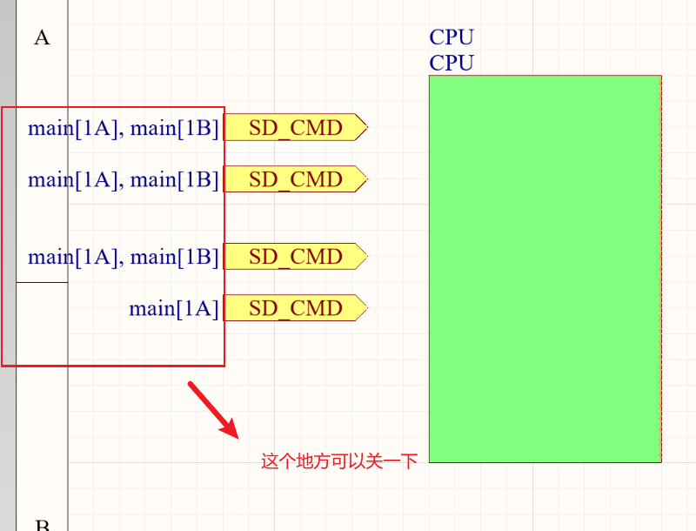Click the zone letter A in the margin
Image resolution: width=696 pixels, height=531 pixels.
pos(42,37)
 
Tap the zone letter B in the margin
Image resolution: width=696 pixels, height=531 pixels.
pos(42,525)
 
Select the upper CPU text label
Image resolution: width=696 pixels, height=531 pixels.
pos(452,37)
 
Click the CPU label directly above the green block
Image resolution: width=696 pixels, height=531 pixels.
pos(452,63)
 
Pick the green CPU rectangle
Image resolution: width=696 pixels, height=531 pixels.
pos(545,268)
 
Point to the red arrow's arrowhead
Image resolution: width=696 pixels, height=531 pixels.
pos(231,429)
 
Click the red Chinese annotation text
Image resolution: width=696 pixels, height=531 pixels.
pos(339,461)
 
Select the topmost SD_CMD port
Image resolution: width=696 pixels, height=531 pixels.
pos(296,128)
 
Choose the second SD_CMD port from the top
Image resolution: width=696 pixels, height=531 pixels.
pos(296,179)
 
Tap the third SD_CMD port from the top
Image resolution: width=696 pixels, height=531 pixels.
pos(296,257)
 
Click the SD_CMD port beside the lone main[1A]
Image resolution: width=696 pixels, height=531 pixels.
pos(296,308)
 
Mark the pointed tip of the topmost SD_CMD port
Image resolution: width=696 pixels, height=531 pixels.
pos(365,128)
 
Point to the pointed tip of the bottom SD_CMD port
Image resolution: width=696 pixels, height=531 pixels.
pos(365,308)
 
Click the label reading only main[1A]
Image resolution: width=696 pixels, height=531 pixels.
pos(174,309)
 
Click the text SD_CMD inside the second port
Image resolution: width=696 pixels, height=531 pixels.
pos(296,179)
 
